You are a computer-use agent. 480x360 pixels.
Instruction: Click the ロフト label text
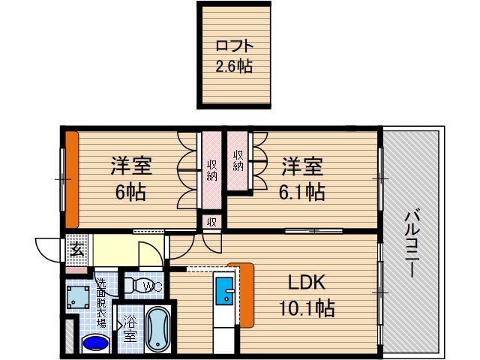click(233, 45)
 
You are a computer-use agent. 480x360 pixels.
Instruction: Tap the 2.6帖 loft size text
click(233, 66)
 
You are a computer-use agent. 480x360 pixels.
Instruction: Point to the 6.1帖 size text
click(303, 193)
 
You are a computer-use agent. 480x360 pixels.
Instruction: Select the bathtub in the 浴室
click(157, 331)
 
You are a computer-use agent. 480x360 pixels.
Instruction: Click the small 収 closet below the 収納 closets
click(212, 222)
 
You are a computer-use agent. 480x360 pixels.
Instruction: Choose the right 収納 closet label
click(238, 160)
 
